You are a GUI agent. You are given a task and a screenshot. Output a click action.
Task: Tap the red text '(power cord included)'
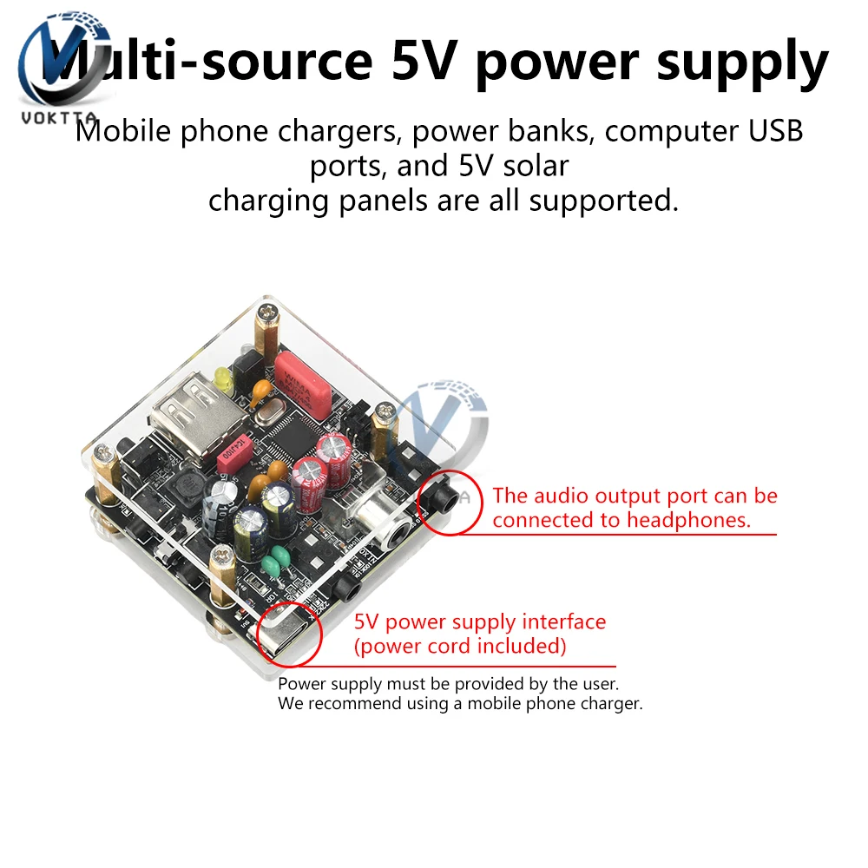[460, 646]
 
